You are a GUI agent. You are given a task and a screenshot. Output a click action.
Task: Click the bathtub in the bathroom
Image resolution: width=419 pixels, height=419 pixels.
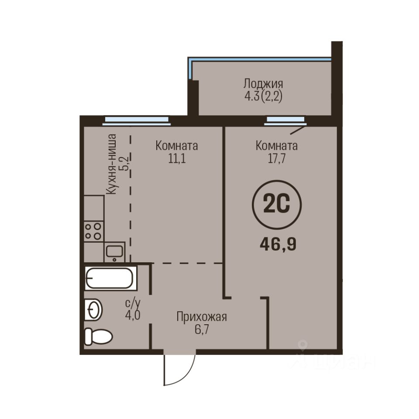(x=110, y=278)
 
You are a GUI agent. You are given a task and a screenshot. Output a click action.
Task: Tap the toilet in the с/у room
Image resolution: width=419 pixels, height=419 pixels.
(x=98, y=337)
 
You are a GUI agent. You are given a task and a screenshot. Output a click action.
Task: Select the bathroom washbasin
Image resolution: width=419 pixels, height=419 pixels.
(x=93, y=310)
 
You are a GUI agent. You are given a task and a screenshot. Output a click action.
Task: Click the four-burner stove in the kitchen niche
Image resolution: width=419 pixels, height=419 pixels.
(x=93, y=231)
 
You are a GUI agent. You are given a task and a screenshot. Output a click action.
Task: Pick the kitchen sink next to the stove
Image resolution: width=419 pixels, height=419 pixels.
(x=114, y=252)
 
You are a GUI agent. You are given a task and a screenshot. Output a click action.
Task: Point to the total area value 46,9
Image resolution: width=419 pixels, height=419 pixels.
(x=278, y=244)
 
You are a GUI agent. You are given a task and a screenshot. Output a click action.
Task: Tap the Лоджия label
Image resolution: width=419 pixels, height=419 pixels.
(x=263, y=84)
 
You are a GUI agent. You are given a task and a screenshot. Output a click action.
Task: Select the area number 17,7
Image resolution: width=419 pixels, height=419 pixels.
(x=277, y=158)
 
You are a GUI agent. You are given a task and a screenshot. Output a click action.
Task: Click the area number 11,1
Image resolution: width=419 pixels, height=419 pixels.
(x=177, y=158)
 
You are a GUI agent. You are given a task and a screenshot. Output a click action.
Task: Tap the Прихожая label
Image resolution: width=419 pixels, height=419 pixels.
(x=202, y=317)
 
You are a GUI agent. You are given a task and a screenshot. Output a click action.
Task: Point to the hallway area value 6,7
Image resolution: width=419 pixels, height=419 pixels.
(x=202, y=330)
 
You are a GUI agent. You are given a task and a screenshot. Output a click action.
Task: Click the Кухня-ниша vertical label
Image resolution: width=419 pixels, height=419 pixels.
(x=111, y=164)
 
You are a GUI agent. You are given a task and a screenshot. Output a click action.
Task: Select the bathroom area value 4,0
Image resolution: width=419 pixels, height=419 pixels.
(x=133, y=315)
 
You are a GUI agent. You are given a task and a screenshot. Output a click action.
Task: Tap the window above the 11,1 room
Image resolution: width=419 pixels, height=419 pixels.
(x=137, y=120)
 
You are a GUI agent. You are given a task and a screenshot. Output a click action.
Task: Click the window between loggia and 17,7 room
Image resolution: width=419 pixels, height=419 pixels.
(x=285, y=120)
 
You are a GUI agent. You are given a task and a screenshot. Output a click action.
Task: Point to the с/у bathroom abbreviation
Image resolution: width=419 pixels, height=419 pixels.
(x=133, y=303)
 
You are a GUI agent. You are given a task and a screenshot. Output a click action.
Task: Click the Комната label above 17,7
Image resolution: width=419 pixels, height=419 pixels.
(x=277, y=146)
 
